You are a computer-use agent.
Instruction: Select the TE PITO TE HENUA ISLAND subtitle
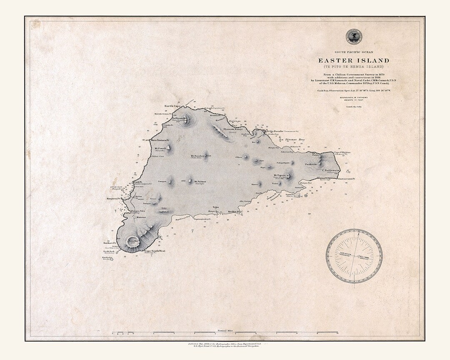(x=353, y=67)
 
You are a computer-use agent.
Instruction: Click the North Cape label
(x=172, y=106)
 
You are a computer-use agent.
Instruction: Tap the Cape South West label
(x=155, y=251)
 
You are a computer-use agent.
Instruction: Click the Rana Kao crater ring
(x=133, y=241)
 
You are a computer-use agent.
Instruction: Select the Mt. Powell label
(x=161, y=148)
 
